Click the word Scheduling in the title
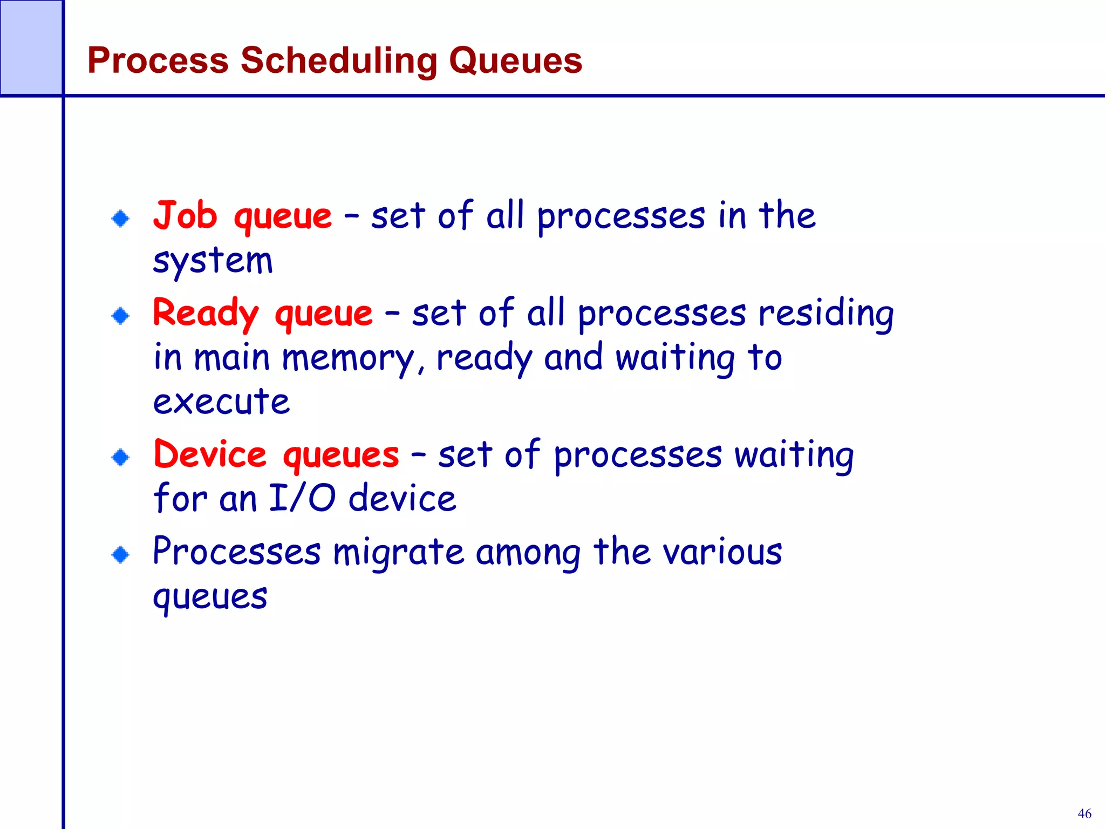coord(338,60)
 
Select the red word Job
coord(185,215)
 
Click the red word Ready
coord(206,314)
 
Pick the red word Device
coord(210,454)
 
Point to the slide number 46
coord(1084,813)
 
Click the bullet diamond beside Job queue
coord(120,219)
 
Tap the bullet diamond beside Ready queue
coord(120,316)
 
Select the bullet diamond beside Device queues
coord(120,458)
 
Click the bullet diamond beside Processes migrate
coord(120,554)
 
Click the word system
coord(213,261)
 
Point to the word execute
coord(221,402)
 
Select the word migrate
coord(398,553)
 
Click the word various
coord(722,552)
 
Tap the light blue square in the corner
coord(31,47)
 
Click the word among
coord(528,553)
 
